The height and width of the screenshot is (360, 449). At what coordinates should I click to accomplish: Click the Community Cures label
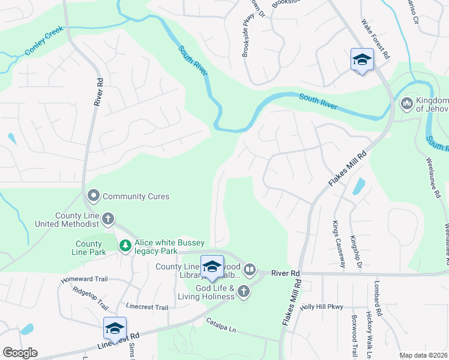point(136,196)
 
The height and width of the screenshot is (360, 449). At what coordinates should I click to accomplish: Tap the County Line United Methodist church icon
point(108,219)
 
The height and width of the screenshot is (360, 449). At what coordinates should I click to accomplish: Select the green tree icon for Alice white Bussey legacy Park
point(125,245)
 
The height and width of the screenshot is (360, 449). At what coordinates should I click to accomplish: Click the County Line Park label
point(89,248)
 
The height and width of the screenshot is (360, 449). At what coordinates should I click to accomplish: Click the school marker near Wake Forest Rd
point(362,60)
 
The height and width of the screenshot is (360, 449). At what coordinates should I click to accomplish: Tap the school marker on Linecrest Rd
point(115,328)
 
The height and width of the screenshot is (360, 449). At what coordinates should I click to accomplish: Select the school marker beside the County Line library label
point(212,266)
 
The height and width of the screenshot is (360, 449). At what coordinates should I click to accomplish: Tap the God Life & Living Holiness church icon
point(243,292)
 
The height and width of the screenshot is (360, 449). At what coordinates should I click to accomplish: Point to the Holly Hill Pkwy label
point(321,307)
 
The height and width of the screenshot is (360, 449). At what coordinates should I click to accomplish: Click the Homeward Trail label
point(83,280)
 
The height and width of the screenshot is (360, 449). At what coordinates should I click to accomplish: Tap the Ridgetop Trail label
point(91,295)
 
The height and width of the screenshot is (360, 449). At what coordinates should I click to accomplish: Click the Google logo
point(20,353)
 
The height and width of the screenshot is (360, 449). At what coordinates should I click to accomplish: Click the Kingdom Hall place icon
point(407,104)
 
